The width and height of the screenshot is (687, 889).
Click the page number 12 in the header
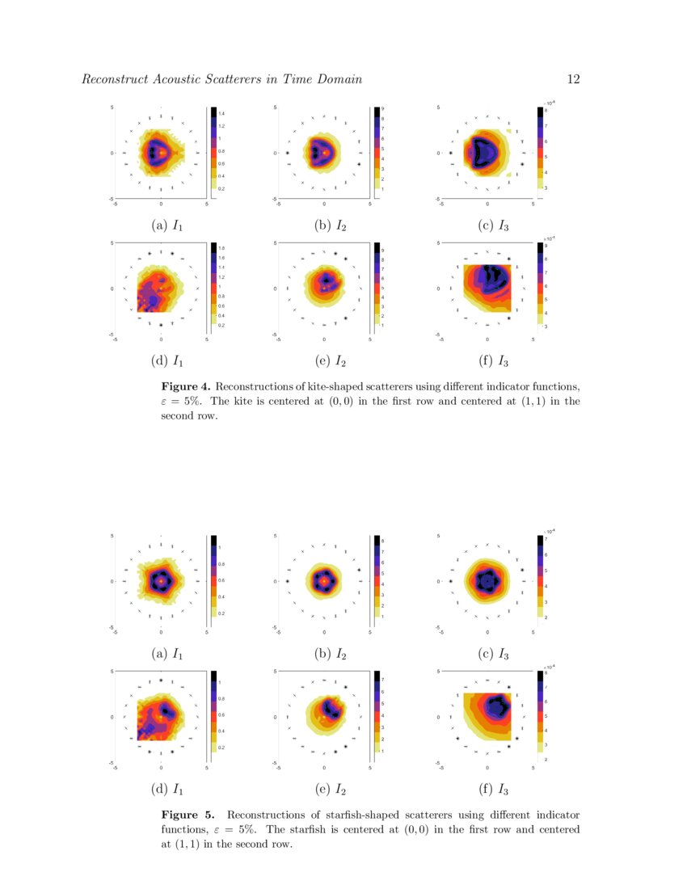tap(575, 78)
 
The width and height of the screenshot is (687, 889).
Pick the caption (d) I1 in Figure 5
tap(166, 790)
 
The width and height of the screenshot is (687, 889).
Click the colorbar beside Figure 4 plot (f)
tap(540, 285)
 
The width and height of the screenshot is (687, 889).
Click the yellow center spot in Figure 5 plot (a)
tap(161, 580)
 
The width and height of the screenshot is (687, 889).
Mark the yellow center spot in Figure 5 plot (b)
tap(324, 580)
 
